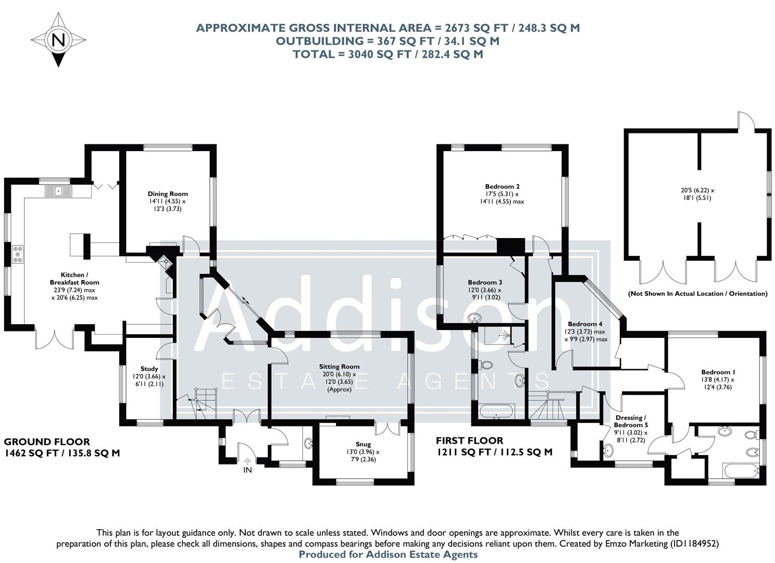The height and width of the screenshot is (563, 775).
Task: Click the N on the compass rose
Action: click(58, 40)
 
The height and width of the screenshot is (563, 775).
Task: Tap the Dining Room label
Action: click(167, 194)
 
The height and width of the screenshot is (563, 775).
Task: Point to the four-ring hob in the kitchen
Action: click(18, 254)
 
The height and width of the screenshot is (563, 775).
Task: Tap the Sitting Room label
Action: click(339, 366)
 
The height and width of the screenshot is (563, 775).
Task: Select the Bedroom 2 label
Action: click(502, 186)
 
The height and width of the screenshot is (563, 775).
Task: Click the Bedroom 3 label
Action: click(484, 283)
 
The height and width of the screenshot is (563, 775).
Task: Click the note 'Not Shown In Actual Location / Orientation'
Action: click(697, 294)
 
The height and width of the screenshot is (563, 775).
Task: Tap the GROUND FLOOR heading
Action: click(47, 442)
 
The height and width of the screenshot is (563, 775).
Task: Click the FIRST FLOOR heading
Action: click(470, 441)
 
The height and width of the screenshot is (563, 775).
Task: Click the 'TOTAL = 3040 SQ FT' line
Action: click(387, 54)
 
